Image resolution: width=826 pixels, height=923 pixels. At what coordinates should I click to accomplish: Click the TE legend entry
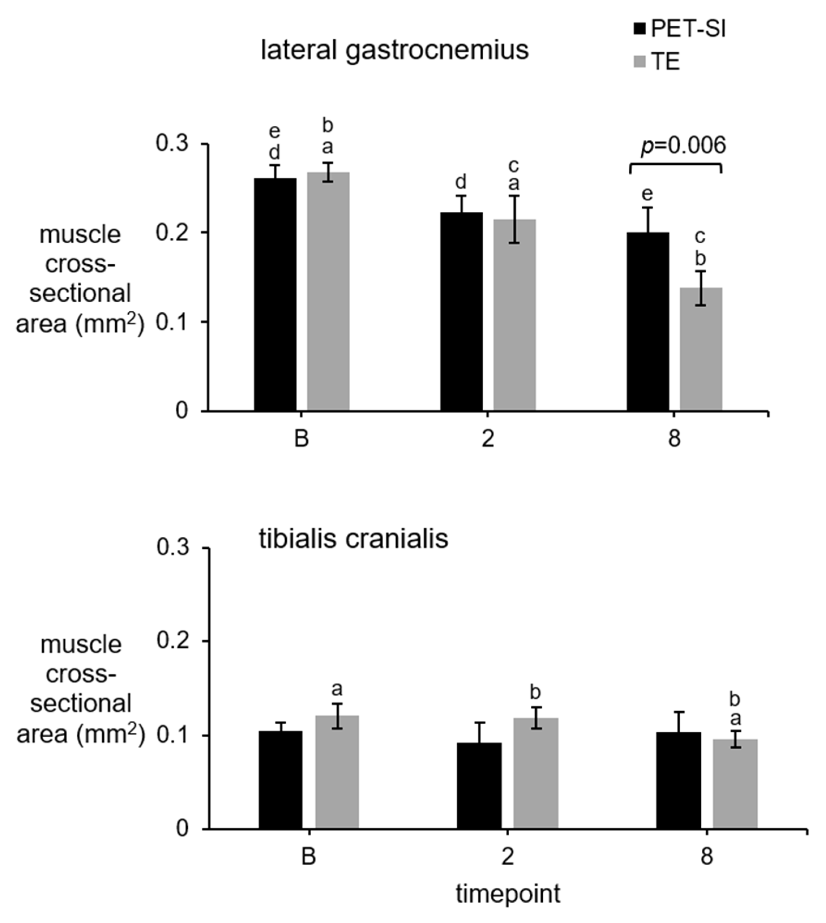[657, 62]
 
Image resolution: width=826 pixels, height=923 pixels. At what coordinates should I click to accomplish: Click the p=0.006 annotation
[683, 145]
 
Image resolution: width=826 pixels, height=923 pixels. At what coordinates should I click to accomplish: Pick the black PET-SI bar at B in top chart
[275, 295]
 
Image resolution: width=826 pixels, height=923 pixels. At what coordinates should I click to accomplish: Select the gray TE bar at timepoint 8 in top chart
[701, 349]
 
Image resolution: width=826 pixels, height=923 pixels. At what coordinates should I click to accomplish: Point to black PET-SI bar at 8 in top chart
[648, 322]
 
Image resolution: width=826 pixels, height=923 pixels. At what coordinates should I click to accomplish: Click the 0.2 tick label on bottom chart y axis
[172, 640]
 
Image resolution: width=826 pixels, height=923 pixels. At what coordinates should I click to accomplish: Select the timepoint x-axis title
[508, 894]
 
